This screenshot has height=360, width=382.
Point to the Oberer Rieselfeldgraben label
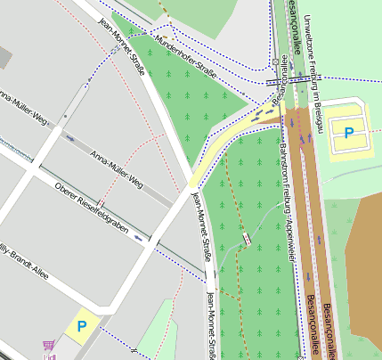pyautogui.click(x=92, y=214)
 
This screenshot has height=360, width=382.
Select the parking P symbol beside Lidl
pyautogui.click(x=82, y=327)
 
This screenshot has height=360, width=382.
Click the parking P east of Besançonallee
pyautogui.click(x=348, y=133)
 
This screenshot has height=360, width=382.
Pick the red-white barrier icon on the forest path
pyautogui.click(x=246, y=238)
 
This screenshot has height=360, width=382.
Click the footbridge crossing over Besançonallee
pyautogui.click(x=287, y=80)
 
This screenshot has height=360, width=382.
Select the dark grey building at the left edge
pyautogui.click(x=4, y=55)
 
